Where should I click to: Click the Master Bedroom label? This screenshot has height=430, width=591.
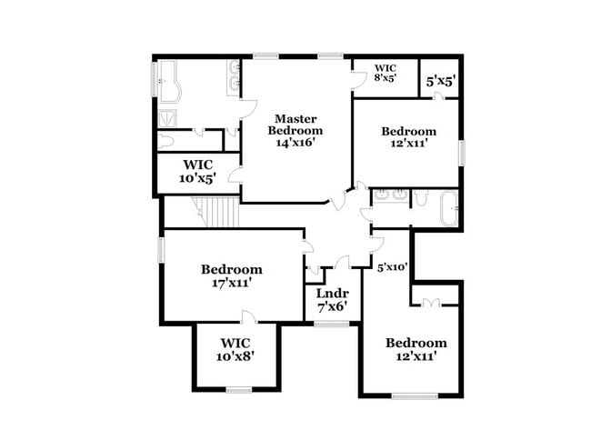[x=295, y=125]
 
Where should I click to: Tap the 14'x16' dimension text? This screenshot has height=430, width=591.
[x=295, y=143]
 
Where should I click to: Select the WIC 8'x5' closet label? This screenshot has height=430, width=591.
[x=386, y=73]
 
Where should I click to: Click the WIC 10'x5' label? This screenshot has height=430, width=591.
[x=198, y=171]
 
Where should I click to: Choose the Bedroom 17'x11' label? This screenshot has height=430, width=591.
[x=232, y=275]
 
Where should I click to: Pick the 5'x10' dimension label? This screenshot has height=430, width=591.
[x=392, y=267]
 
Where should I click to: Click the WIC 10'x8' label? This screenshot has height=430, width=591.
[x=235, y=349]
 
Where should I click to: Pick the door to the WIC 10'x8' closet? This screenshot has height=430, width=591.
[x=247, y=316]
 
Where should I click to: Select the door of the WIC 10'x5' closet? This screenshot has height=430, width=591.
[x=235, y=174]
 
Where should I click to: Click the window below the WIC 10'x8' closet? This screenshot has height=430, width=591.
[x=238, y=390]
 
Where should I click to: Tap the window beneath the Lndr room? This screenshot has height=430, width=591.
[x=332, y=323]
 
